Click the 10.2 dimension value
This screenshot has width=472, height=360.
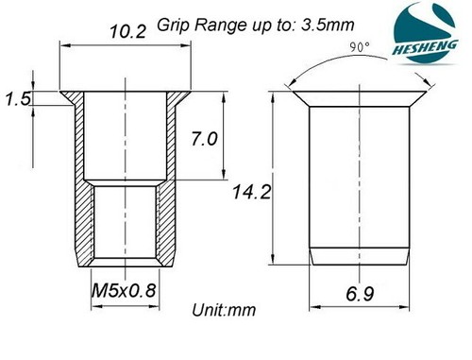click(x=126, y=31)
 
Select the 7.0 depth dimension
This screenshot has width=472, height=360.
click(x=205, y=139)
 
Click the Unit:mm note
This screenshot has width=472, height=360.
click(x=223, y=309)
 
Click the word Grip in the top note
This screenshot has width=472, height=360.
click(x=174, y=22)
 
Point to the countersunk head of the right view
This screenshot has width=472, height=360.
click(x=355, y=98)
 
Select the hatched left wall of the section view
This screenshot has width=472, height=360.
click(x=83, y=189)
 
